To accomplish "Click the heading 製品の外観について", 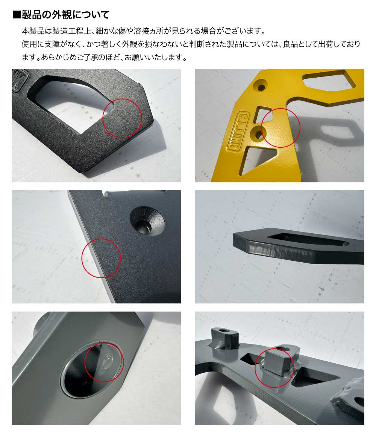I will point(65,15).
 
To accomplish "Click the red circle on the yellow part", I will point(280,127).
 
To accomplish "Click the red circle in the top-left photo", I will point(122,118).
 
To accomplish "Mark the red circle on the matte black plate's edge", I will point(101,258).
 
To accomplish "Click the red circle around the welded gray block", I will point(274,367).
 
